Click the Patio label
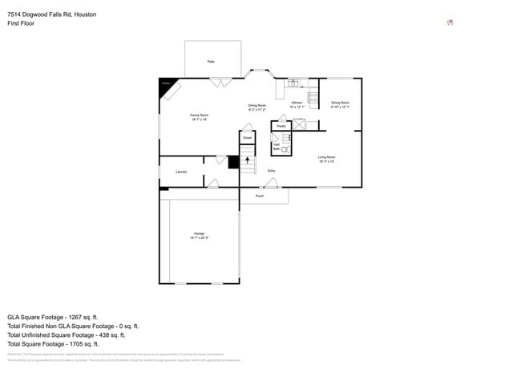click(212, 61)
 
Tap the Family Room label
click(199, 116)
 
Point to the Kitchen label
click(296, 103)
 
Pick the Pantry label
click(281, 126)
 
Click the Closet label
click(248, 138)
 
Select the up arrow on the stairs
click(248, 161)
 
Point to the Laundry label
click(181, 172)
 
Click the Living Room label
click(326, 157)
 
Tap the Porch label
click(260, 196)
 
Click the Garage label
click(199, 233)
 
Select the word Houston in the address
click(83, 14)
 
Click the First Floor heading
click(21, 23)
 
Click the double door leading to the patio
click(221, 81)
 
